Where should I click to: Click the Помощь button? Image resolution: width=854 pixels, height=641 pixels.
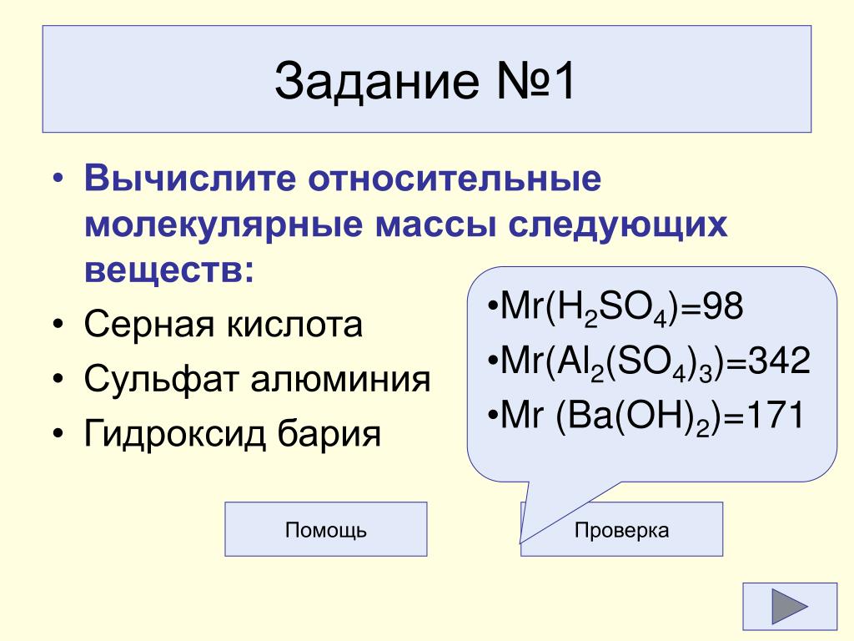coord(326,528)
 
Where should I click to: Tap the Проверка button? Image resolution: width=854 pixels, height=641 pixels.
coord(621,528)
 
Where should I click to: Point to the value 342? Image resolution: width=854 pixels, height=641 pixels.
coord(780,361)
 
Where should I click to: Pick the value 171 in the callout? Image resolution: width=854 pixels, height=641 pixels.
coord(775,416)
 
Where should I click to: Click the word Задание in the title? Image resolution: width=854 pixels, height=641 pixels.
coord(376,81)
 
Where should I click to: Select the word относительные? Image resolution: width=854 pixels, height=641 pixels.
coord(455,179)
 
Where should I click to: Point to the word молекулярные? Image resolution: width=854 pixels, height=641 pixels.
coord(224,225)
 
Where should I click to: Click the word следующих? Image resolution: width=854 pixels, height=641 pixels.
coord(618,225)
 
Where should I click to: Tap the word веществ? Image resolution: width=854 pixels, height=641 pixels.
coord(169,270)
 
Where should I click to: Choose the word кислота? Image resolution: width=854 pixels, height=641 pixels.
coord(294,325)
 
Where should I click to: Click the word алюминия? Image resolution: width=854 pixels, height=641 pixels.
coord(341,380)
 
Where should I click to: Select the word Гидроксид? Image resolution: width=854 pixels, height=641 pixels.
coord(175,435)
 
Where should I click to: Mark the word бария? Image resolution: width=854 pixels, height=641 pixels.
coord(329,435)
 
